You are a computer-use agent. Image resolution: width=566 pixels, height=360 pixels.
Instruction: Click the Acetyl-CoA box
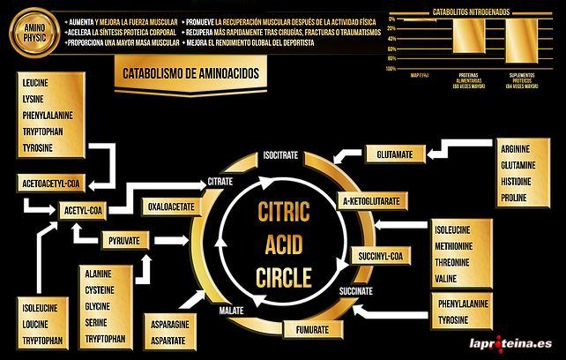85,211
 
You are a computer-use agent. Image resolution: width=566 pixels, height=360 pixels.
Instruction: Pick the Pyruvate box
124,241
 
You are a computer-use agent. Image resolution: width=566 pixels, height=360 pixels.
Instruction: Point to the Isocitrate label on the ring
280,155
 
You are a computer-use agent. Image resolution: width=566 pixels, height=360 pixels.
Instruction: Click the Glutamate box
394,154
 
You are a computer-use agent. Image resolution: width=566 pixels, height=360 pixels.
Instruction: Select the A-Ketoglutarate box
371,201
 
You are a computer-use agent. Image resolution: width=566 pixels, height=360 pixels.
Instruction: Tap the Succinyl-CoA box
380,256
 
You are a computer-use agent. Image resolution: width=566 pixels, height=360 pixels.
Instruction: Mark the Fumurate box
313,329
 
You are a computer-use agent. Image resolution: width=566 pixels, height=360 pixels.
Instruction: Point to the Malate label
231,311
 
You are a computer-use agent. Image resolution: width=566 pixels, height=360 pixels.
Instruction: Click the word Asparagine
170,324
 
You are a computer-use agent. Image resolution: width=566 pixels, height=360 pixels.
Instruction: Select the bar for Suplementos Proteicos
518,41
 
